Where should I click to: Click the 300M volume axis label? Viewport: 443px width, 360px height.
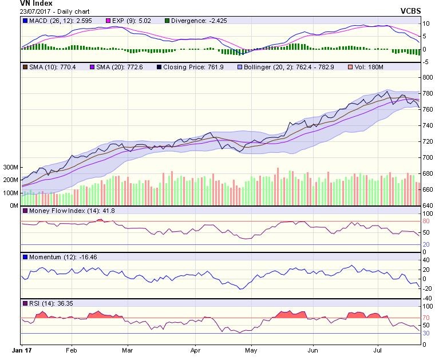10,167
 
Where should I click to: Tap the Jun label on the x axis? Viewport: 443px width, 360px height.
313,348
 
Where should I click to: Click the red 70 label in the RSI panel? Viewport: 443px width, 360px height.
426,318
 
